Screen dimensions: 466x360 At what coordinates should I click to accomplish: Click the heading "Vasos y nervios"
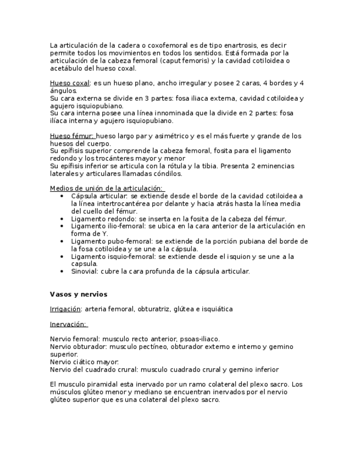78,294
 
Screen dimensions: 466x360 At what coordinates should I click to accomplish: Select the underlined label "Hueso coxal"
70,83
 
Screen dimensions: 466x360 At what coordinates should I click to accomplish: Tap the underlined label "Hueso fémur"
71,136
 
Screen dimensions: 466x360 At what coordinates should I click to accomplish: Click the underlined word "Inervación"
68,324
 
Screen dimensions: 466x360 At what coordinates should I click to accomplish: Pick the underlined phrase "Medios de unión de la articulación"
107,188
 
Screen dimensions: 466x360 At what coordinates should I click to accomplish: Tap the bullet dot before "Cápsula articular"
63,196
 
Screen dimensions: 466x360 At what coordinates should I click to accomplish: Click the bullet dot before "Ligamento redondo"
63,219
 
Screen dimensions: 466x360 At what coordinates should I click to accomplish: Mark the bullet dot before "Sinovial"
63,271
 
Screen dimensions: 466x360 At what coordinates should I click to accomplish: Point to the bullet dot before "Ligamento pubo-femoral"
63,241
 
